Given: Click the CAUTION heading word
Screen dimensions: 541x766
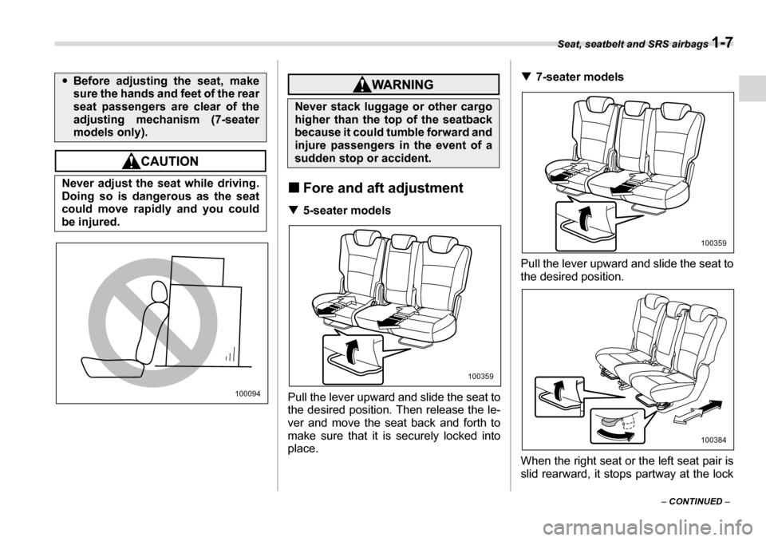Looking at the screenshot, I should click(x=168, y=161).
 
